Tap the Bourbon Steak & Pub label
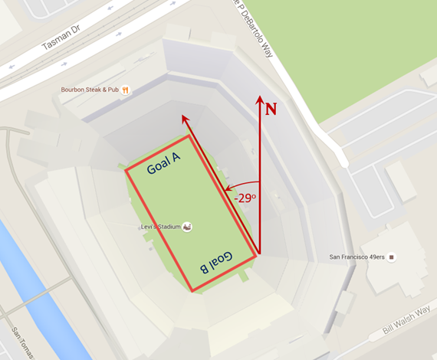pos(90,90)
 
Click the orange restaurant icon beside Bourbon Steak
pos(125,90)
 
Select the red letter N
pos(271,109)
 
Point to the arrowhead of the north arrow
pos(260,100)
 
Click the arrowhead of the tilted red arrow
pos(184,119)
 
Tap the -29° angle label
pos(245,198)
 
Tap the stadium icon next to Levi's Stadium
pos(186,227)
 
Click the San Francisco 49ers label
pos(356,257)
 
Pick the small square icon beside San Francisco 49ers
pos(392,257)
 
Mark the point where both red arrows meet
pos(260,254)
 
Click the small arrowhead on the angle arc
pos(226,187)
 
